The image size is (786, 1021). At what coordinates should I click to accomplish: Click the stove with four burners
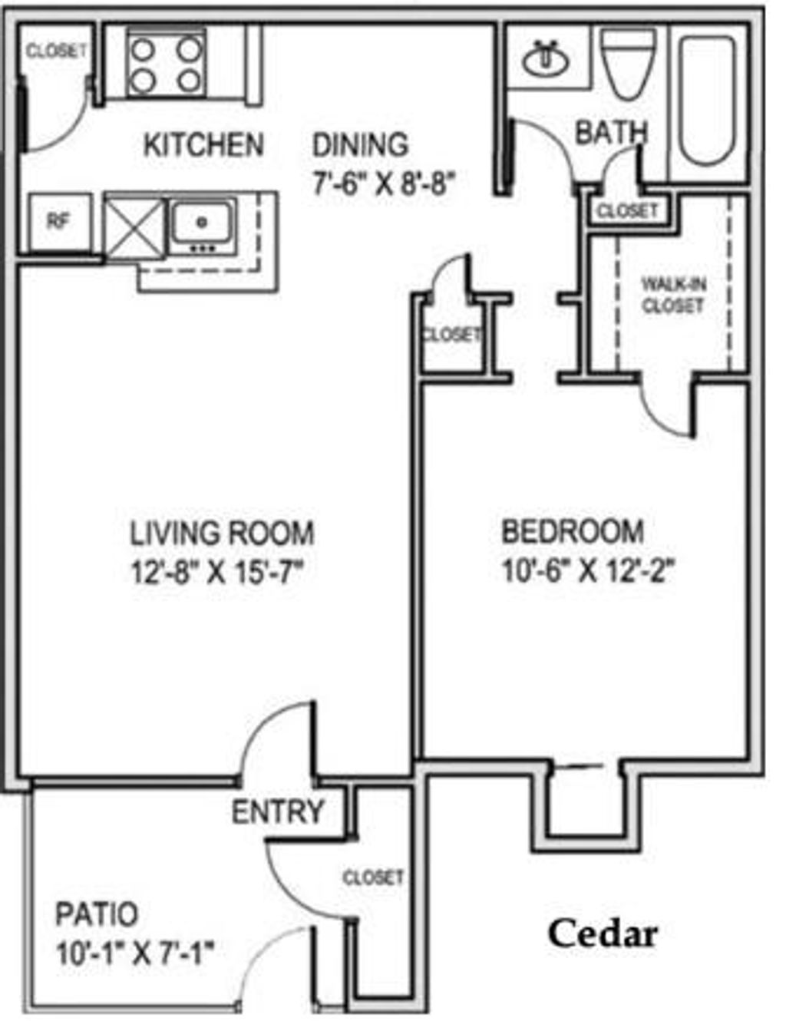(166, 64)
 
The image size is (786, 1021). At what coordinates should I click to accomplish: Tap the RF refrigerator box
(59, 222)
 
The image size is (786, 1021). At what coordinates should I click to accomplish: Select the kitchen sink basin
(202, 223)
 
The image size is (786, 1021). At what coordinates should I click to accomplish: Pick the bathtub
(707, 100)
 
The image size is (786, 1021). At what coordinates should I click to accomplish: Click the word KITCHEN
(203, 145)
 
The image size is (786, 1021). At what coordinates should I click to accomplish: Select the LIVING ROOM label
(222, 533)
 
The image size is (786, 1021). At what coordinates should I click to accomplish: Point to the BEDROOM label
(573, 531)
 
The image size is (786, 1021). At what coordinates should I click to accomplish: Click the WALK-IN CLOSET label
(673, 295)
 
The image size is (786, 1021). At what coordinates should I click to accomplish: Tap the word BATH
(611, 133)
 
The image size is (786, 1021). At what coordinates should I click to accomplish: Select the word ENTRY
(278, 811)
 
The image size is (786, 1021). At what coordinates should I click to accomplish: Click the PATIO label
(97, 914)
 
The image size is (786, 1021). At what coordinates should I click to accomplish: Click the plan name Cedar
(603, 934)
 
